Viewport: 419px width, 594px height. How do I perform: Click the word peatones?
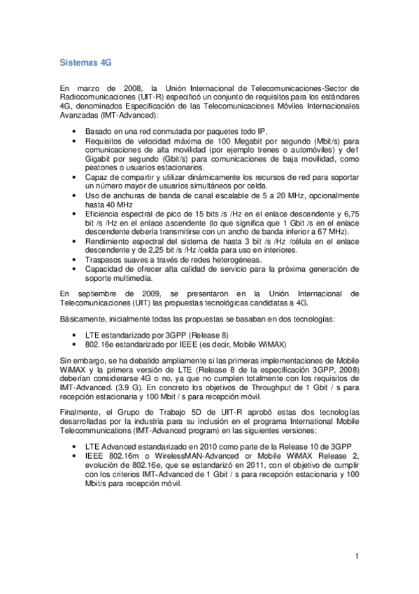(102, 168)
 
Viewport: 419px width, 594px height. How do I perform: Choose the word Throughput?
(255, 386)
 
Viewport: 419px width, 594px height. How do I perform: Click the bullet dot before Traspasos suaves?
(75, 259)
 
